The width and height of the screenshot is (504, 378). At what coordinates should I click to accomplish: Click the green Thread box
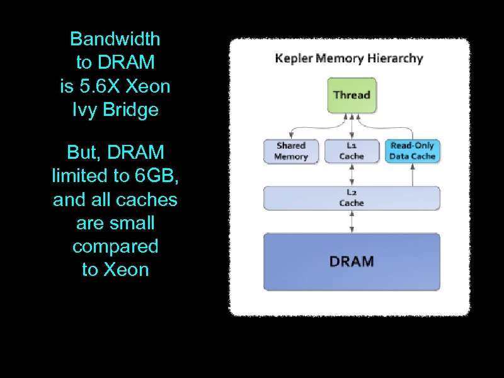coord(352,96)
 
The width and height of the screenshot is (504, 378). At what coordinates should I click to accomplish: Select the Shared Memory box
coord(291,151)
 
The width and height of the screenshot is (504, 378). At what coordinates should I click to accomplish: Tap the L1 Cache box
coord(352,151)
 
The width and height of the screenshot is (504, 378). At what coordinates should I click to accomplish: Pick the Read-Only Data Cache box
coord(413,151)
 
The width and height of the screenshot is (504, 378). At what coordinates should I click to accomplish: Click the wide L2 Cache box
coord(352,198)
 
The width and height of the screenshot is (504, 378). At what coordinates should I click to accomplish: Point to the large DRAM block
coord(352,261)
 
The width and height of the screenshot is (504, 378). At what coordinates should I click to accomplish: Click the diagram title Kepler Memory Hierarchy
coord(349,59)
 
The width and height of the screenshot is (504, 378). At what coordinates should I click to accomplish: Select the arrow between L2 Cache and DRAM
coord(352,222)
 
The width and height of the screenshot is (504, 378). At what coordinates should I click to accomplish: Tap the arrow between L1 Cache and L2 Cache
coord(352,175)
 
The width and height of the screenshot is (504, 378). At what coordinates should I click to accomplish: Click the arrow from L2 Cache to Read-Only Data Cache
coord(413,175)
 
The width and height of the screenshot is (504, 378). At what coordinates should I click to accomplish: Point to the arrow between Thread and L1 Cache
coord(352,127)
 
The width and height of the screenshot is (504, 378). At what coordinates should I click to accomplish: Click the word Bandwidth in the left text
coord(115,39)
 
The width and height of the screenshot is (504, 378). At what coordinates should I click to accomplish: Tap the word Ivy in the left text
coord(84,110)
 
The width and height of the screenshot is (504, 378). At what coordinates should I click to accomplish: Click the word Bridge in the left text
coord(130,110)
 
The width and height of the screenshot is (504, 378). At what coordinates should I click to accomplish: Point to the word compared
coord(115,247)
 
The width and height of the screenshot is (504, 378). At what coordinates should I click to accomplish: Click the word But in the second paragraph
coord(84,152)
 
